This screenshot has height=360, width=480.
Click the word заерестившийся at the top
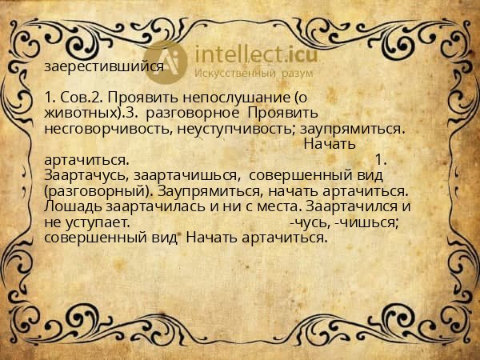coord(104,67)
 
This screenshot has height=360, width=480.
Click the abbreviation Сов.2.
coord(87,97)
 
